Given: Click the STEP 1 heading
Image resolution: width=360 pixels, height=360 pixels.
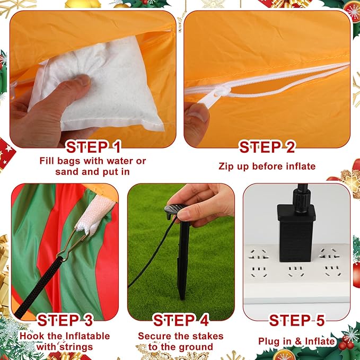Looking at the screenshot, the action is [93, 147].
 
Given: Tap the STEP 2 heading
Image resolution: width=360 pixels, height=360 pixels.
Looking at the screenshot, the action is [267, 147].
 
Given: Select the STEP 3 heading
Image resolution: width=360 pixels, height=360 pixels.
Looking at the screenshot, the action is [65, 320].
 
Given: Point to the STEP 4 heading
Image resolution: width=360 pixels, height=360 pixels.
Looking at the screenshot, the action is [181, 320].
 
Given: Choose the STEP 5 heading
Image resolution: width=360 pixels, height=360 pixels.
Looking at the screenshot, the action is [297, 320].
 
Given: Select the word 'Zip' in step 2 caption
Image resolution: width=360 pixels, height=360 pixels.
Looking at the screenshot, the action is [226, 166].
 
